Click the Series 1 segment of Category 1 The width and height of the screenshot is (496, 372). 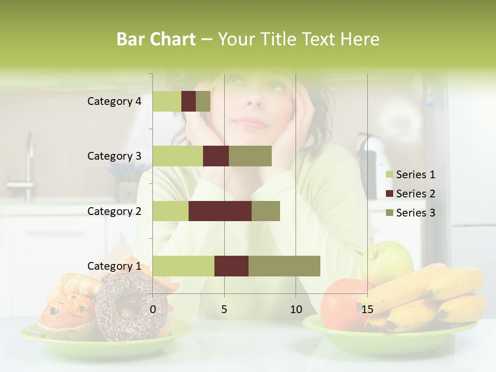(x=183, y=266)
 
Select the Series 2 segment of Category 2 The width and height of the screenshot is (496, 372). (x=220, y=211)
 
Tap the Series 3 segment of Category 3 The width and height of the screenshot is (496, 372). (x=250, y=156)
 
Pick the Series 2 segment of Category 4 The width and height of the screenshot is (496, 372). (x=189, y=101)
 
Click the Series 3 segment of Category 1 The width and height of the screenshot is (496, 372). (x=284, y=266)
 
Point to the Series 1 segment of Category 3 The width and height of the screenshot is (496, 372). (x=178, y=156)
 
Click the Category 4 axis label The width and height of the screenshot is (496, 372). (x=114, y=101)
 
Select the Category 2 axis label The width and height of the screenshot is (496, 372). (x=114, y=211)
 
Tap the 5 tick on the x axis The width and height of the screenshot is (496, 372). (x=224, y=309)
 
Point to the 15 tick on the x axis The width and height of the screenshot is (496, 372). (x=367, y=309)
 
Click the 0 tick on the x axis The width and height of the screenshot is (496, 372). (x=153, y=309)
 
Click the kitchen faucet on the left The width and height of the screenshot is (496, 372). (x=28, y=165)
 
